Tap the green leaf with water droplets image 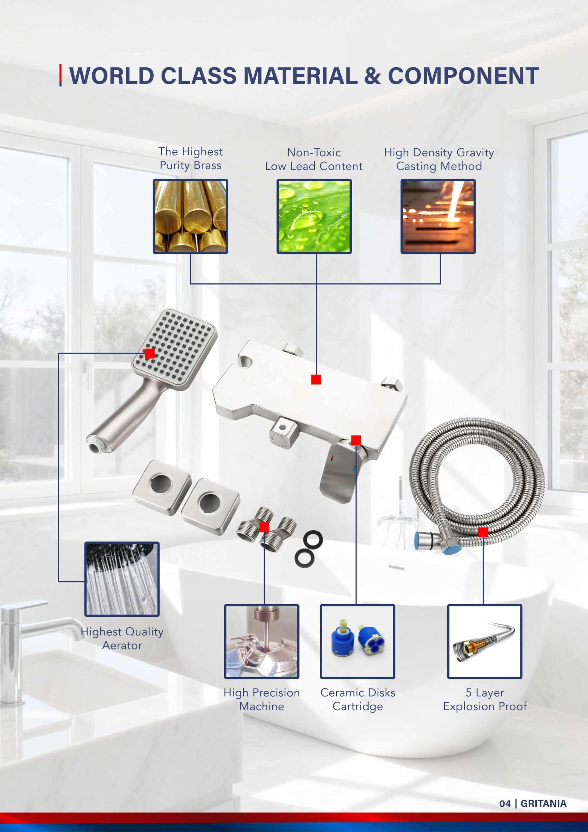point(314,216)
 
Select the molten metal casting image point(438,216)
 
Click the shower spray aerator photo point(122,579)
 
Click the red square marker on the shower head point(150,353)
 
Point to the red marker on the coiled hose point(483,532)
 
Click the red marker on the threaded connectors point(264,527)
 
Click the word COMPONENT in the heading point(463,76)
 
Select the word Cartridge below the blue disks point(358,706)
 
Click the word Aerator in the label point(122,645)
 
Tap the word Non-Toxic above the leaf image point(314,152)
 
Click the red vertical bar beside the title point(60,75)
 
